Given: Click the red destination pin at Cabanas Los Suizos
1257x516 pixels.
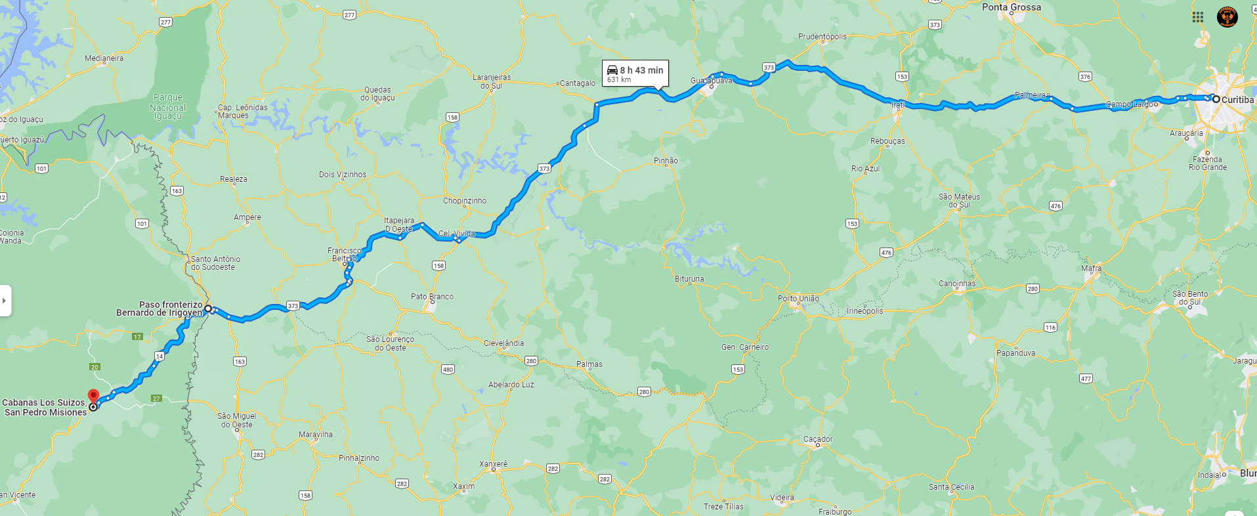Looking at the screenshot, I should pos(93,396).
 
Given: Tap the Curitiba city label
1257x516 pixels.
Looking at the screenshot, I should pos(1237,100).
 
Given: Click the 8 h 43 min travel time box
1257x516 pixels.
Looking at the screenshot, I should pos(635,74).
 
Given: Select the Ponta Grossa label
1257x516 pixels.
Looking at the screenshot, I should pos(1011,7).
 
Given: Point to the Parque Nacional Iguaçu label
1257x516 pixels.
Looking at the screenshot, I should pos(167,107).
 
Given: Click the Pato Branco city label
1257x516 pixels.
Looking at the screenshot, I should pos(432,297).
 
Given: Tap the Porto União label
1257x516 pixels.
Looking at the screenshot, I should pos(798,298).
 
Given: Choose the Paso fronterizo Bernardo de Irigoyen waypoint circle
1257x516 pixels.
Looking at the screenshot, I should pos(207,309).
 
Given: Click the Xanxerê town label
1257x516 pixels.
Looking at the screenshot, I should pos(493,464).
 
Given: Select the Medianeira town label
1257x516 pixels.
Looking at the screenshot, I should pos(104,58).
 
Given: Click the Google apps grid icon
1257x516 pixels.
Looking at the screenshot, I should pos(1198,17).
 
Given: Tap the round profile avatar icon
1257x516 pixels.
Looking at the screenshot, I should pos(1227,17).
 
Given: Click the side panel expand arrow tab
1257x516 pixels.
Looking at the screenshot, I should pos(5,301).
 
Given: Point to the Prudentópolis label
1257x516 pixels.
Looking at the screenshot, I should pos(822,37).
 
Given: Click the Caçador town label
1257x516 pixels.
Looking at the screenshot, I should pos(818,439).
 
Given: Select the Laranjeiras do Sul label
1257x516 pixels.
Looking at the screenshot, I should pos(491,81).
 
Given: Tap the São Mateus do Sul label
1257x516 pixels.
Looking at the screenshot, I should pos(959,200).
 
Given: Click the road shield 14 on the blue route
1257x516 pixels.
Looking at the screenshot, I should pos(160,356).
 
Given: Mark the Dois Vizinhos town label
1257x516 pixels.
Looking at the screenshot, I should pos(343,175).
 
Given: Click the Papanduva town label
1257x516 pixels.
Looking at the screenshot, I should pos(1015,353).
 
